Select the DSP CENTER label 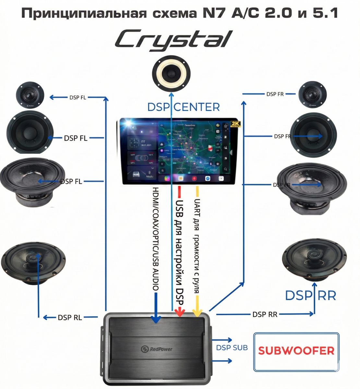pyautogui.click(x=183, y=107)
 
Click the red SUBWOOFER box pyautogui.click(x=296, y=351)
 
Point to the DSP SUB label pyautogui.click(x=232, y=348)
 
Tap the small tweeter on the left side pyautogui.click(x=30, y=95)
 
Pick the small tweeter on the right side pyautogui.click(x=312, y=94)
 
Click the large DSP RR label pyautogui.click(x=310, y=296)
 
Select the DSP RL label pyautogui.click(x=70, y=318)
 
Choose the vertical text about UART pyautogui.click(x=197, y=246)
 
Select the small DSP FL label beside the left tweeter pyautogui.click(x=78, y=97)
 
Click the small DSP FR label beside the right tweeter pyautogui.click(x=275, y=94)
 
